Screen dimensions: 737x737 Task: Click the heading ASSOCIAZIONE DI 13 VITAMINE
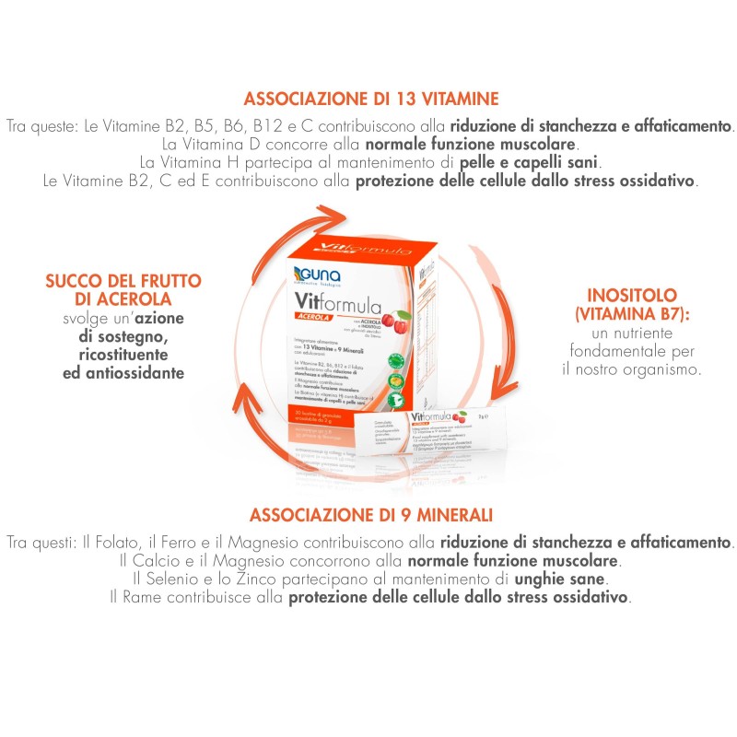(x=370, y=99)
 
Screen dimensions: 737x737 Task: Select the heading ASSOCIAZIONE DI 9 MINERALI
(x=370, y=514)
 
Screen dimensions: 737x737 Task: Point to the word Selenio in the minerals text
(x=171, y=579)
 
